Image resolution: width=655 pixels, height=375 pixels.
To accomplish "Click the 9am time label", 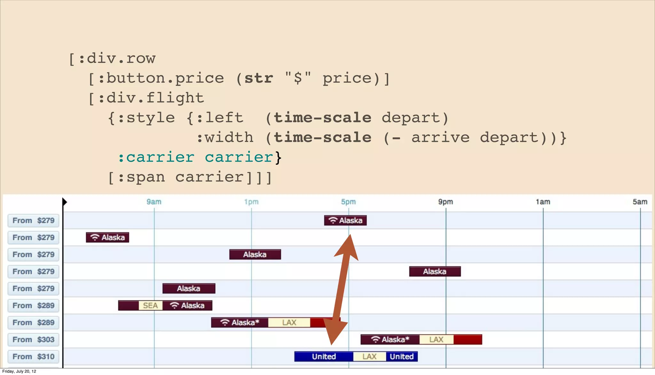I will pyautogui.click(x=154, y=202).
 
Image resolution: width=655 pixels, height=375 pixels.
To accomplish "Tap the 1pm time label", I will pyautogui.click(x=251, y=202).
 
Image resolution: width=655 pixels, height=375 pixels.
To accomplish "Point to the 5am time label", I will pyautogui.click(x=640, y=202).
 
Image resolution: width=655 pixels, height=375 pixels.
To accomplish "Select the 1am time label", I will pyautogui.click(x=543, y=202).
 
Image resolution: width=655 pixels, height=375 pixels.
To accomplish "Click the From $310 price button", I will pyautogui.click(x=33, y=356).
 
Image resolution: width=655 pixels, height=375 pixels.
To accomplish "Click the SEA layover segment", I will pyautogui.click(x=150, y=306).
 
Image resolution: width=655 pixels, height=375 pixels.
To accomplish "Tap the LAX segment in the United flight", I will pyautogui.click(x=369, y=356).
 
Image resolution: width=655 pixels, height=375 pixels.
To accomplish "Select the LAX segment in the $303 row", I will pyautogui.click(x=436, y=340).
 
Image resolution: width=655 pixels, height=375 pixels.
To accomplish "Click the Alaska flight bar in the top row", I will pyautogui.click(x=345, y=220).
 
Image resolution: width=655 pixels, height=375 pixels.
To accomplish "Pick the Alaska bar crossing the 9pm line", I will pyautogui.click(x=435, y=271).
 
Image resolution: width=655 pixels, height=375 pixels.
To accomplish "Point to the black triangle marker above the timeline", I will pyautogui.click(x=65, y=202).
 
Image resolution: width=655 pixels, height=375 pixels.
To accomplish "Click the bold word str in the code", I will pyautogui.click(x=259, y=78).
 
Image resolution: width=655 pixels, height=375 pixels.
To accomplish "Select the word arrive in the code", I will pyautogui.click(x=440, y=138).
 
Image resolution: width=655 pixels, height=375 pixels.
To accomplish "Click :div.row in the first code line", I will pyautogui.click(x=117, y=59).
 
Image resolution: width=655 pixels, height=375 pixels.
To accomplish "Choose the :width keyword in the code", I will pyautogui.click(x=225, y=138).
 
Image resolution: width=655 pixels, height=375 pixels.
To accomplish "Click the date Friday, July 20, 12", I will pyautogui.click(x=19, y=371).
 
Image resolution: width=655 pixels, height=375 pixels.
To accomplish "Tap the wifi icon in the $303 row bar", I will pyautogui.click(x=375, y=340).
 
